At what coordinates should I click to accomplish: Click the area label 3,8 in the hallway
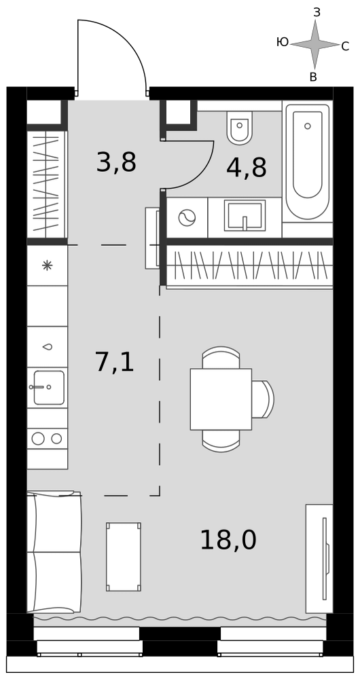tap(116, 162)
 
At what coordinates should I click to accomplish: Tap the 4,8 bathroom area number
tap(246, 168)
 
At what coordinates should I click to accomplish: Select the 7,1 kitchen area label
tap(114, 362)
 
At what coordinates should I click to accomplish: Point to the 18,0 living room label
tap(228, 540)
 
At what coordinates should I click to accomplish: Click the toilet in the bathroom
tap(240, 128)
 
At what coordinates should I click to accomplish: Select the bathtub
tap(308, 162)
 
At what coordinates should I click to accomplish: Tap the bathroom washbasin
tap(245, 215)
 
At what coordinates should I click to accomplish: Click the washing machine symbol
tap(187, 217)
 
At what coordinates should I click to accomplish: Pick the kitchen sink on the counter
tap(48, 387)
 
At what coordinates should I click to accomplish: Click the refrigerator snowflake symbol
tap(47, 265)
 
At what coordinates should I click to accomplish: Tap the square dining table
tap(221, 399)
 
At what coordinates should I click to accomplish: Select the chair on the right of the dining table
tap(262, 399)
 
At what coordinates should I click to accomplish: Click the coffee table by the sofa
tap(124, 557)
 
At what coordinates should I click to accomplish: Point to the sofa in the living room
tap(54, 552)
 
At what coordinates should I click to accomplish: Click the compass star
tap(315, 44)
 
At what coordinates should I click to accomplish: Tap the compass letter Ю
tap(282, 42)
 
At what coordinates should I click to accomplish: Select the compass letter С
tap(345, 46)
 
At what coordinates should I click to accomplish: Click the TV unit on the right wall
tap(319, 559)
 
